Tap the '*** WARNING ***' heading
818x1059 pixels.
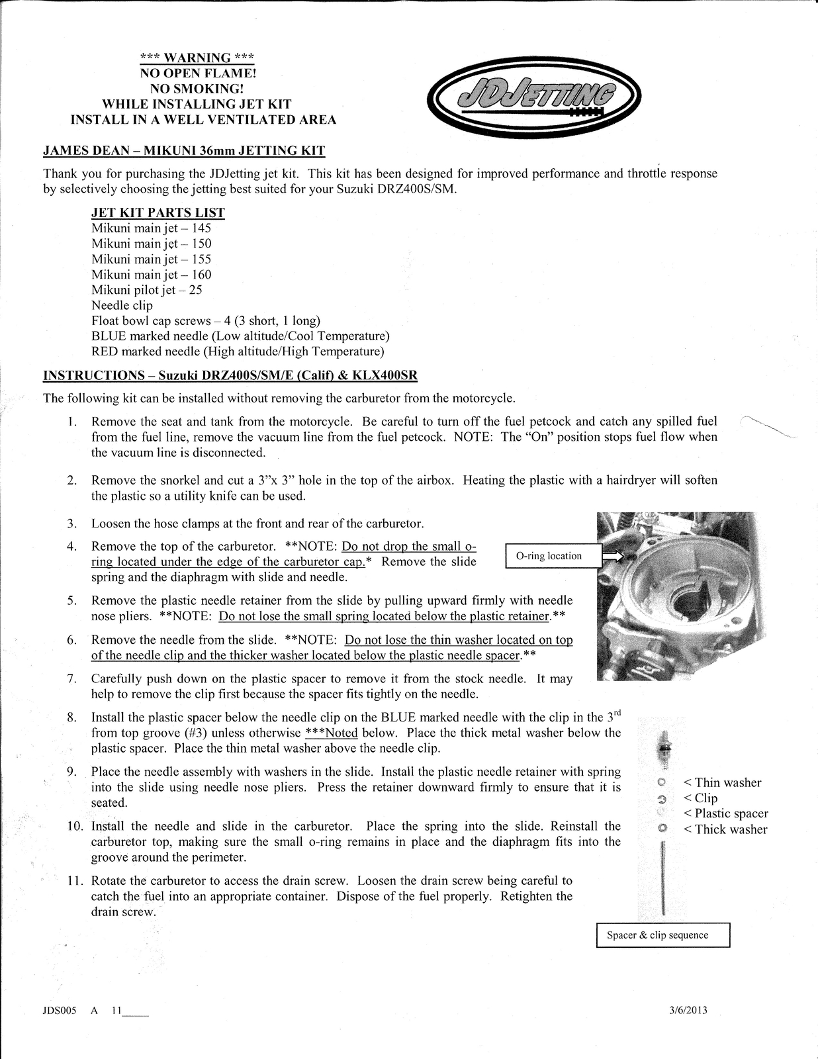[198, 58]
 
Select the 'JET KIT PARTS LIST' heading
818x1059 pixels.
[158, 212]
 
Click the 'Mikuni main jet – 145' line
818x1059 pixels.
[151, 228]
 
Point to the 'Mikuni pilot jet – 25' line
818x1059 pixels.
[146, 290]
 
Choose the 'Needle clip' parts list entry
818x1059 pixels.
[122, 305]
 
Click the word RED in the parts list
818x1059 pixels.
[105, 351]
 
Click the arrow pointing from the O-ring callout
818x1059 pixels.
[613, 557]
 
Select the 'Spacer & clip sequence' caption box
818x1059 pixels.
[662, 935]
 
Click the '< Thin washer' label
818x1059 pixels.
[722, 782]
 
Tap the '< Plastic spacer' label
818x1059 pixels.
[725, 813]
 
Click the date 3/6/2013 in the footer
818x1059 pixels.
[688, 1011]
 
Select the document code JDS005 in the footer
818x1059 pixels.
[60, 1011]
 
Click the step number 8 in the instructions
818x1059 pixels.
[72, 717]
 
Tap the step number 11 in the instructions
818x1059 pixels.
[74, 881]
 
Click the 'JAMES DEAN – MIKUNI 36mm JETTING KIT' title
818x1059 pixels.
[184, 150]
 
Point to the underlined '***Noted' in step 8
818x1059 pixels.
[331, 733]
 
